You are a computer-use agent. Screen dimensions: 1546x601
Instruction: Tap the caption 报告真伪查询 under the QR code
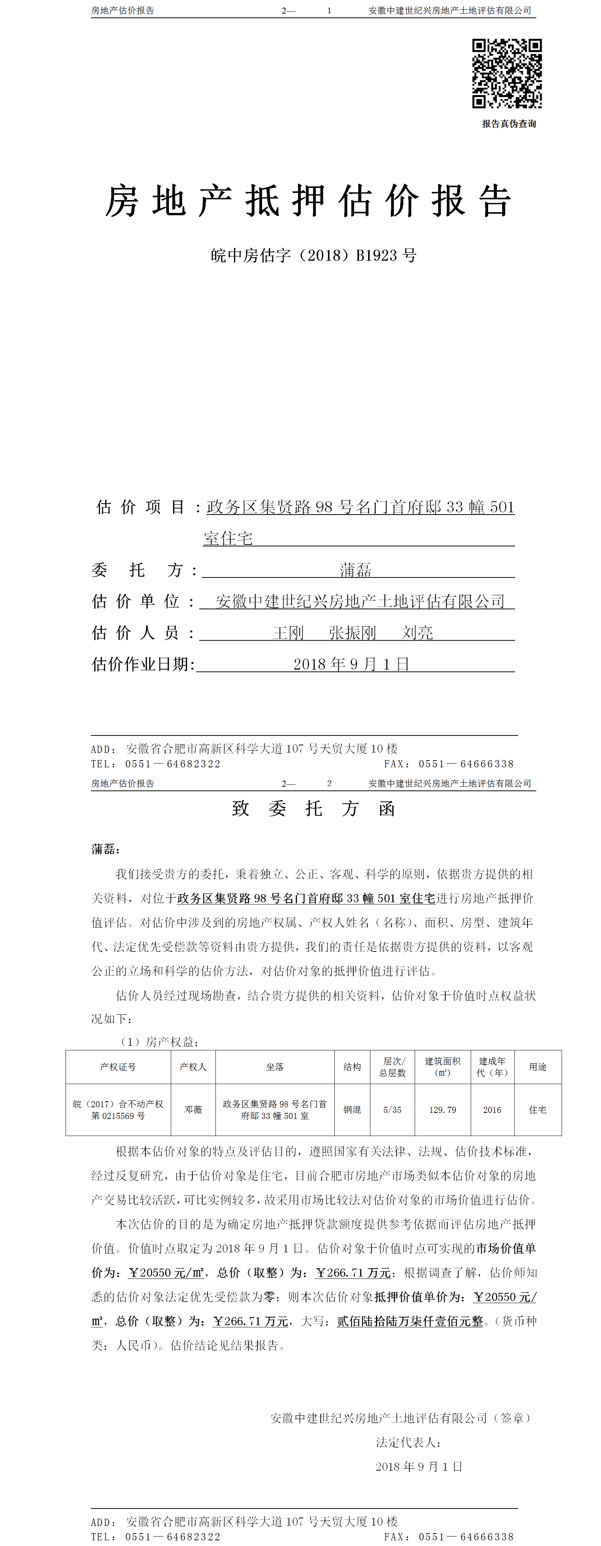point(509,124)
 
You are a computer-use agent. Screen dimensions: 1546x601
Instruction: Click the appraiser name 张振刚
point(352,632)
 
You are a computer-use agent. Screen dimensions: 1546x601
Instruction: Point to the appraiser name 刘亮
point(417,632)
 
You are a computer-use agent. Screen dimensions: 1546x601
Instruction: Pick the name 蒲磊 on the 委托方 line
point(356,570)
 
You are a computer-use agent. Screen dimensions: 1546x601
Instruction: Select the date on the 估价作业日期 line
point(351,664)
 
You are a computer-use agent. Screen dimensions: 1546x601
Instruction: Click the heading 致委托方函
point(313,808)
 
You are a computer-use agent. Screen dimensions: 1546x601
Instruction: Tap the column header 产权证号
point(118,1067)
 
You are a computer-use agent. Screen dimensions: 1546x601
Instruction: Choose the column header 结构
point(352,1067)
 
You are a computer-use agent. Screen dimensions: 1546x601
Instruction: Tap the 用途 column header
point(537,1067)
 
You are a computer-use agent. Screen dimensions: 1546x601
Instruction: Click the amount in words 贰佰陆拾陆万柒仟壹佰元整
point(410,1321)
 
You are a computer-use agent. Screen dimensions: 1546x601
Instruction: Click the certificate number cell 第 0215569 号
point(118,1116)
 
